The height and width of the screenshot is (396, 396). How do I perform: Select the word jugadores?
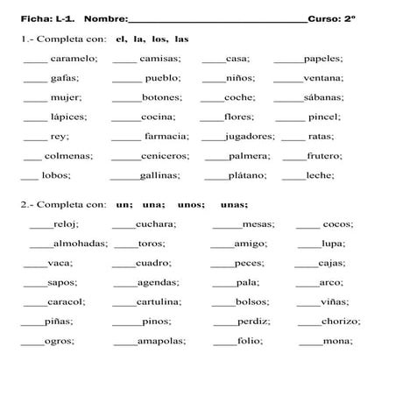250,136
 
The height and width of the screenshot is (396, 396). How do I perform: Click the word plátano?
248,175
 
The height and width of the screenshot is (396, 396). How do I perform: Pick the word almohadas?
81,244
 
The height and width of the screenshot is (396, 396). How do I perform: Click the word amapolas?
161,341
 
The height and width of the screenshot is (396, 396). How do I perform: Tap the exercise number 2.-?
28,204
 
